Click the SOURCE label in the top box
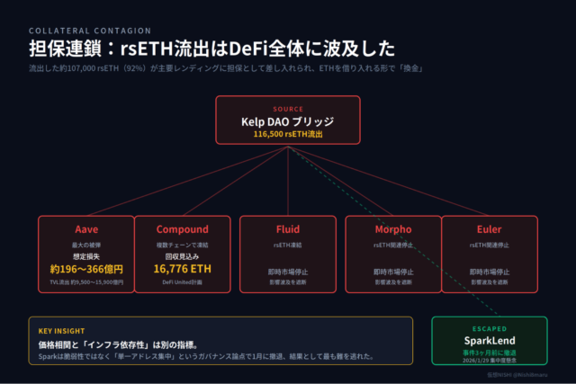pos(288,109)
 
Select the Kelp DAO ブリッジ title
pos(288,121)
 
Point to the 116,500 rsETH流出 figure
pos(288,134)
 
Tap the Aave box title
pos(85,229)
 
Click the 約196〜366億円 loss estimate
pos(85,268)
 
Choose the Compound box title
pos(182,229)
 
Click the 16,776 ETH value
pos(182,268)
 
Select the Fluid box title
pos(288,229)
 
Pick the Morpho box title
pos(391,229)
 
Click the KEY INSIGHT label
pos(61,331)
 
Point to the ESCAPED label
pos(490,329)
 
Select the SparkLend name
pos(490,343)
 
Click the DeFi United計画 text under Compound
pos(182,283)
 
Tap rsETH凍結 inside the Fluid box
pos(288,244)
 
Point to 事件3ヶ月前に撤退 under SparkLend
pos(490,354)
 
